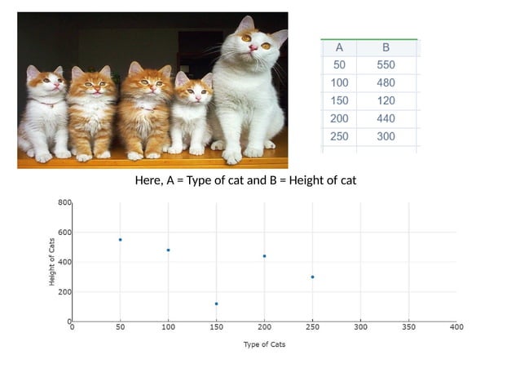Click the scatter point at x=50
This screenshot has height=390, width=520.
click(x=120, y=240)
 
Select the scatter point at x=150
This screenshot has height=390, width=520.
click(x=216, y=304)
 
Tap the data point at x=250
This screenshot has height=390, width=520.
click(x=312, y=277)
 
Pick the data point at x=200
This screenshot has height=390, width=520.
click(x=264, y=256)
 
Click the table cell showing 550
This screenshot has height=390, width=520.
click(x=386, y=64)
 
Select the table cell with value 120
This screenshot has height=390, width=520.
click(x=386, y=100)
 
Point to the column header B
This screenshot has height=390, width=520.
click(x=386, y=47)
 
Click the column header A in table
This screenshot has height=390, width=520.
click(x=339, y=47)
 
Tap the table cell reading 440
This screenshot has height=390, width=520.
click(x=386, y=118)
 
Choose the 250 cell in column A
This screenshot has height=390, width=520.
click(x=339, y=136)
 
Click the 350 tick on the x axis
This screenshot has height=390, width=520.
click(x=408, y=327)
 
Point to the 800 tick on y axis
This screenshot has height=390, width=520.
click(x=64, y=202)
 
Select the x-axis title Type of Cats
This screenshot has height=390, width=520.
click(x=264, y=344)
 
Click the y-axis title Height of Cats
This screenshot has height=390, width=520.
click(x=52, y=261)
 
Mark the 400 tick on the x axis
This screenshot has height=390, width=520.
click(x=456, y=327)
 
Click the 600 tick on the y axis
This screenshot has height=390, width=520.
click(x=64, y=233)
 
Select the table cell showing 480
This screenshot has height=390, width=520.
click(x=386, y=82)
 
